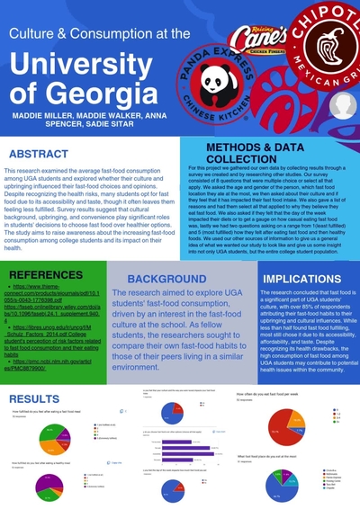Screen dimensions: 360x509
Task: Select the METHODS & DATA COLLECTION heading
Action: click(x=266, y=151)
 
